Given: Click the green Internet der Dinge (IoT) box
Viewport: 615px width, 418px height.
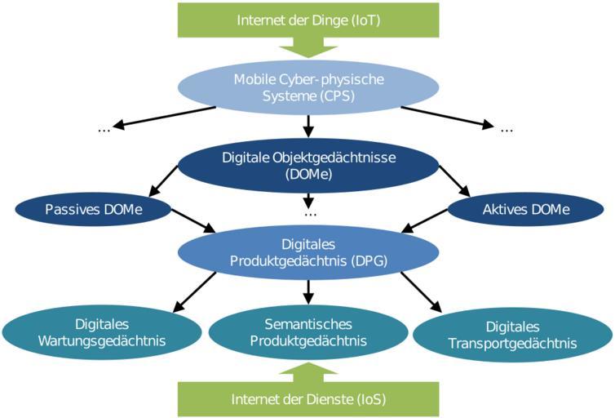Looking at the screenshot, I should [x=307, y=20].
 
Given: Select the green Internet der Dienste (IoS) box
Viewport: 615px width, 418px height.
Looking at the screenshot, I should [x=307, y=399].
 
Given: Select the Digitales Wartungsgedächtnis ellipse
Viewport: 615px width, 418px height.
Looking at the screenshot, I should [x=101, y=333].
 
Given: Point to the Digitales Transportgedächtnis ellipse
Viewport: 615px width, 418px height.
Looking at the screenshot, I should [x=512, y=335].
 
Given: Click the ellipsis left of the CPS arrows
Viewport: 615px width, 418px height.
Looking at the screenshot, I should [x=104, y=129].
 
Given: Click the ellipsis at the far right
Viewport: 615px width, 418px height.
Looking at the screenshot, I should [x=507, y=129].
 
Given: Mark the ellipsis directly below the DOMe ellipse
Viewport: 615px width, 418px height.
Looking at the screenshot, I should [x=309, y=213].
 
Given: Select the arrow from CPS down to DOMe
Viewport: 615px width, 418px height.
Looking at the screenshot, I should [x=308, y=124].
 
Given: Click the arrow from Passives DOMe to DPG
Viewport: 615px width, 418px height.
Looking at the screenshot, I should [x=192, y=220].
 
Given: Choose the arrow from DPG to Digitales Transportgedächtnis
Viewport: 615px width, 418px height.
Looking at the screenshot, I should [x=421, y=291].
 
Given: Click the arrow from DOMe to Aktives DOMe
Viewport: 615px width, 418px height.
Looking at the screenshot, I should [x=454, y=180].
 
